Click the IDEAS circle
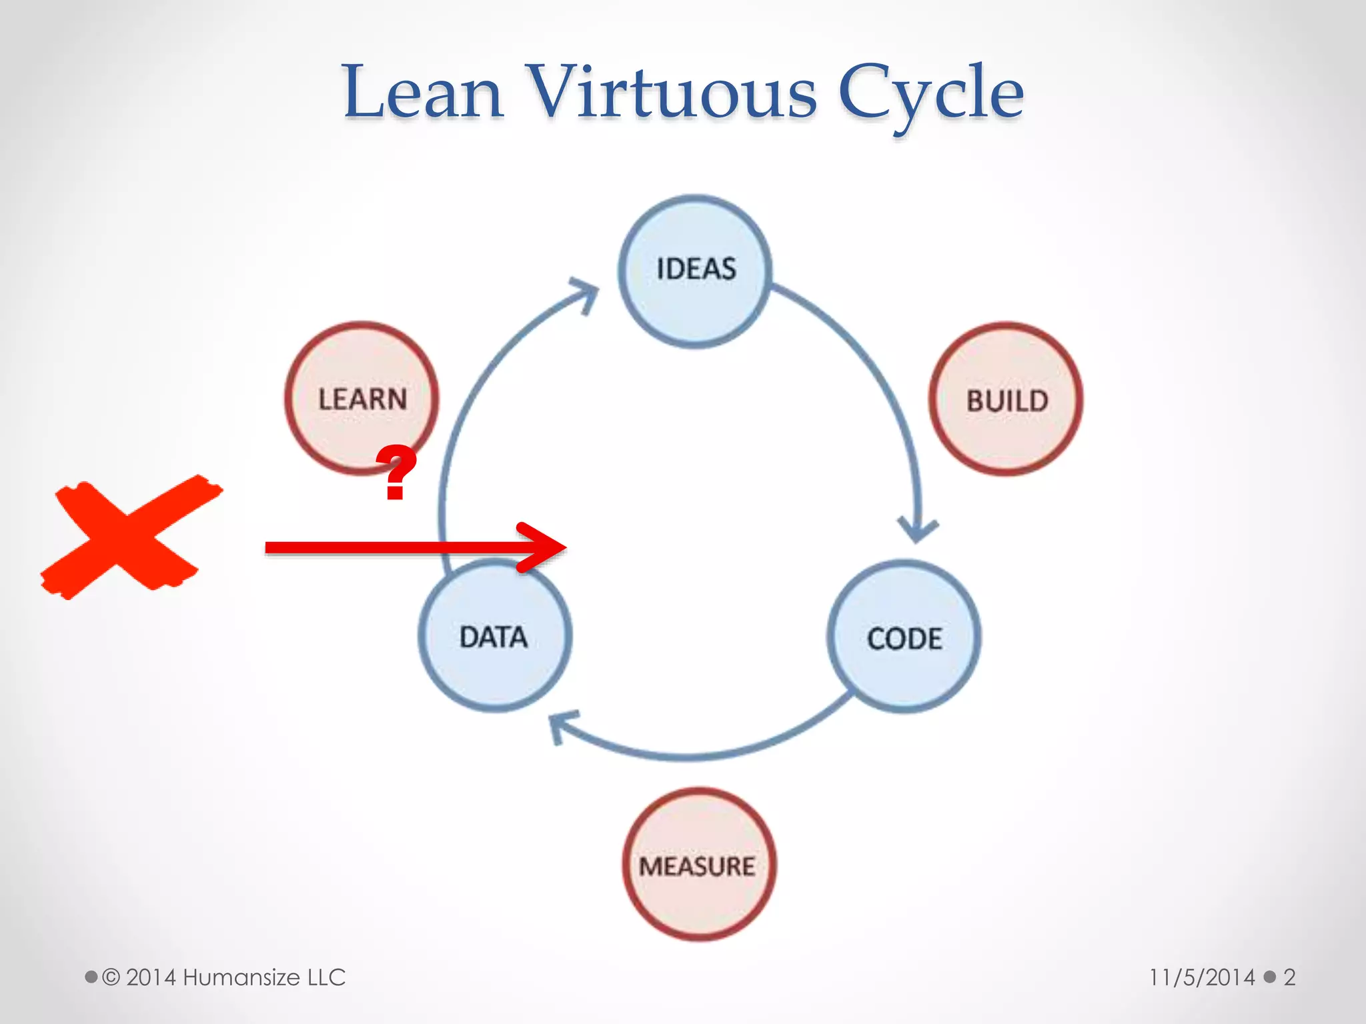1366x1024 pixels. coord(695,271)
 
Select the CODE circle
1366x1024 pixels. coord(904,637)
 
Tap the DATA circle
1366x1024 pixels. coord(494,635)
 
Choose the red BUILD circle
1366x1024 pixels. coord(1006,399)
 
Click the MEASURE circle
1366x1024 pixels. coord(698,865)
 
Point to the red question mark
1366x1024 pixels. coord(396,472)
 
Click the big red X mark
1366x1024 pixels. coord(130,537)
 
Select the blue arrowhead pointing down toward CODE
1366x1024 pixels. coord(918,529)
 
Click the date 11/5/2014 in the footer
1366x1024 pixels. coord(1201,977)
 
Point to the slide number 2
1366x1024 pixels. coord(1289,977)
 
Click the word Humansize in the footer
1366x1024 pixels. coord(241,977)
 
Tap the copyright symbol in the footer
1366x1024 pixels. coord(111,977)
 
